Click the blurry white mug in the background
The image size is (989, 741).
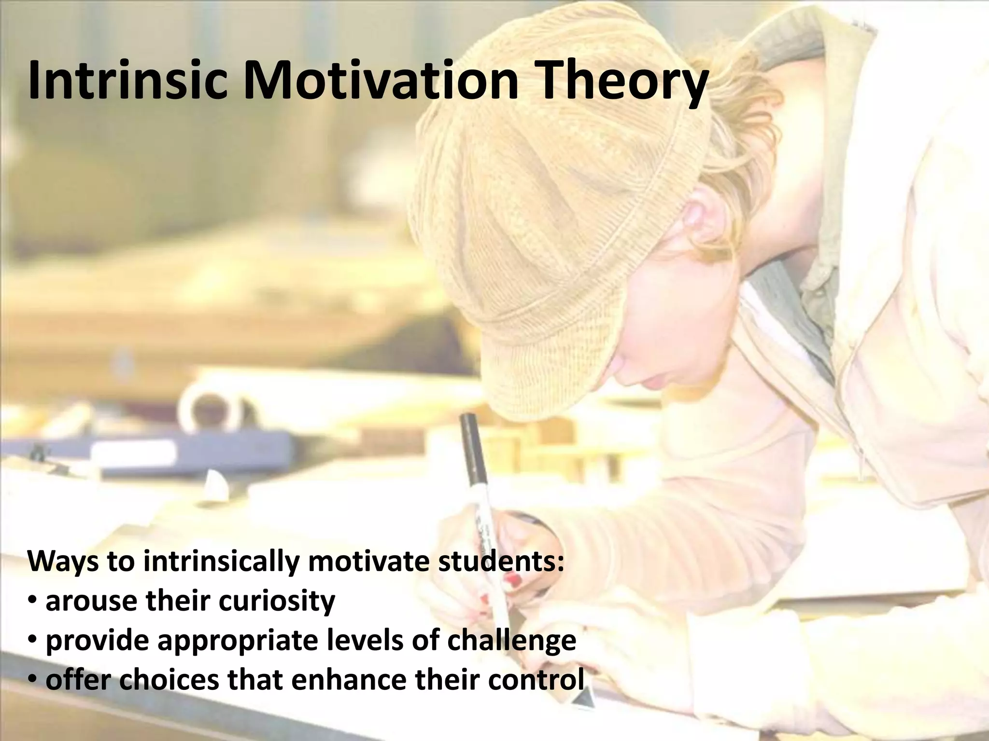coord(212,410)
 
